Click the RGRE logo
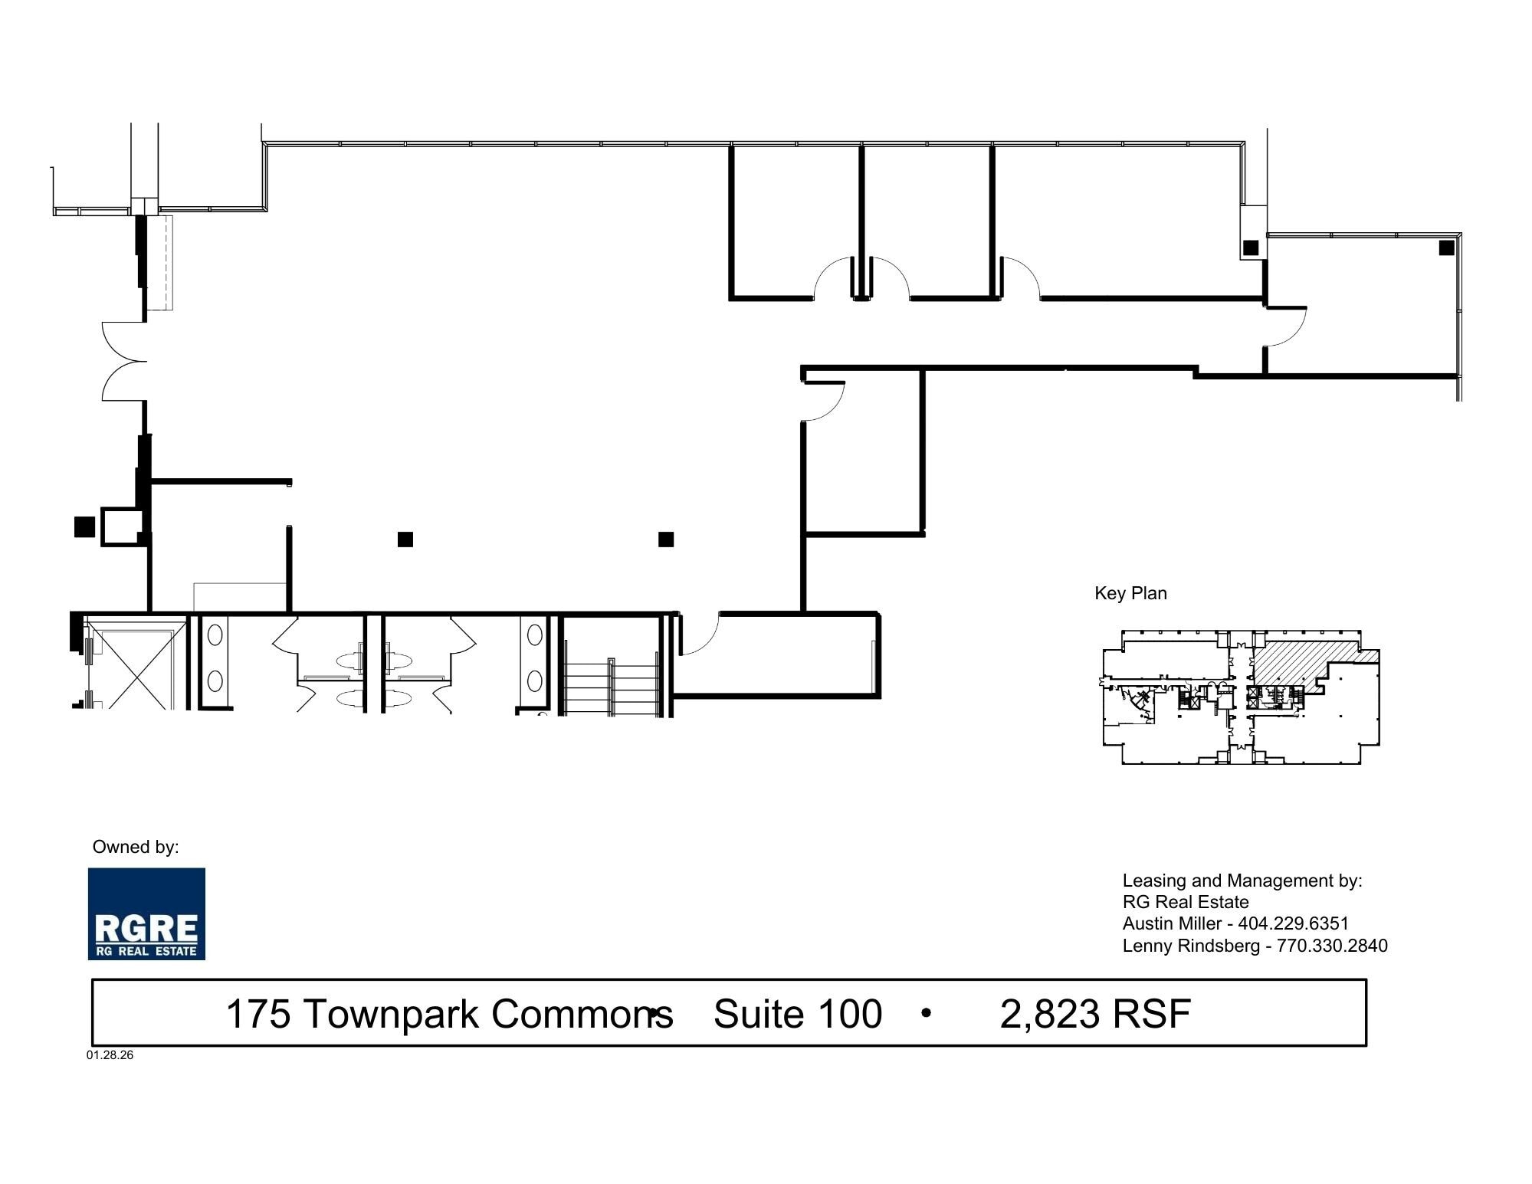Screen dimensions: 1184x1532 coord(146,913)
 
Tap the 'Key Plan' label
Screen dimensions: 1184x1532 coord(1130,593)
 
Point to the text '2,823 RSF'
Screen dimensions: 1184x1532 coord(1095,1014)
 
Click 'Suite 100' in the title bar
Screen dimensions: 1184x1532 coord(797,1014)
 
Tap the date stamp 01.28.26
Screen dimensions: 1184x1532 coord(110,1054)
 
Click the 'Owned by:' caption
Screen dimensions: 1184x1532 coord(136,847)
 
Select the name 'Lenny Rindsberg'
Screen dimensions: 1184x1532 coord(1191,946)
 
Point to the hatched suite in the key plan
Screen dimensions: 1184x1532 coord(1295,660)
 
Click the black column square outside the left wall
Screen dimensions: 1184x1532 coord(84,527)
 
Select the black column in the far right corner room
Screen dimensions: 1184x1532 coord(1446,248)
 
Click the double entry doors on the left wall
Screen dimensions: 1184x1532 coord(124,361)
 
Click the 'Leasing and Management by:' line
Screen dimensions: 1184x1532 coord(1242,881)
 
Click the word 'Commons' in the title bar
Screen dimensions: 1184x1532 coord(581,1014)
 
